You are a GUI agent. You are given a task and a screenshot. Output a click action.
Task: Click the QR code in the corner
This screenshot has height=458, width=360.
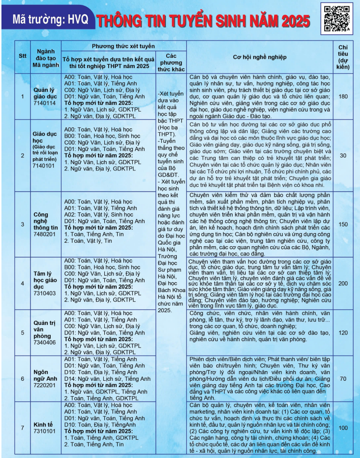pos(337,18)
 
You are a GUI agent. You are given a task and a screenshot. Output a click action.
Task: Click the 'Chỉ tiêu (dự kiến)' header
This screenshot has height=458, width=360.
pos(343,56)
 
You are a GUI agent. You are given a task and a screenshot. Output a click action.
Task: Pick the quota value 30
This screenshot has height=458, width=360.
pos(343,155)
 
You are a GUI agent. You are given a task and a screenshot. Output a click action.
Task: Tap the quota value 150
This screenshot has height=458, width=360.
pos(343,224)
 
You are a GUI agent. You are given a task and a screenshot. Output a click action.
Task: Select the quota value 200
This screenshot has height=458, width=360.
pos(343,283)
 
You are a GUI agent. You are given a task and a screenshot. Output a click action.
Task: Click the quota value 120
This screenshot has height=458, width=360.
pos(343,333)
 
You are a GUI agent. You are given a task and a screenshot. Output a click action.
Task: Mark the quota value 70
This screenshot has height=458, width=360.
pos(343,378)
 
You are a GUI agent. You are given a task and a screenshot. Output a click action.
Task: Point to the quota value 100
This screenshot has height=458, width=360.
pos(343,428)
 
